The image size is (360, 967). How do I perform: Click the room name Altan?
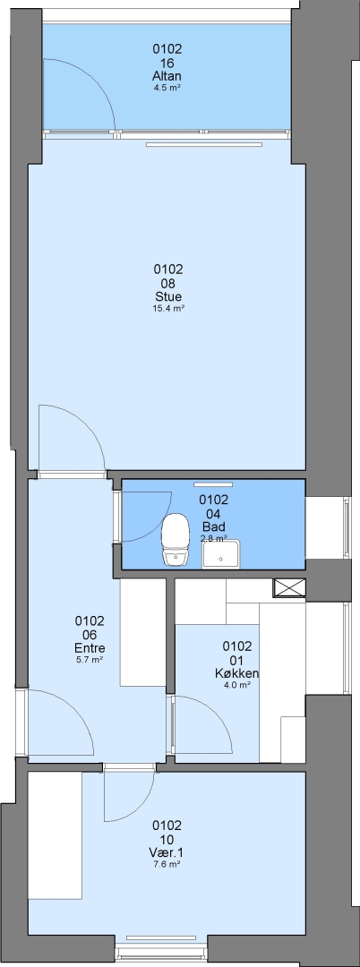167,76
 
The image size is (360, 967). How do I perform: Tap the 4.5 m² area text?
167,88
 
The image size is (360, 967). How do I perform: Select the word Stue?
168,296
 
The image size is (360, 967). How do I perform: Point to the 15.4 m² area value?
168,308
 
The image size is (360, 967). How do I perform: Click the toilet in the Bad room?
175,540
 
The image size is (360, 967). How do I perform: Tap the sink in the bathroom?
221,553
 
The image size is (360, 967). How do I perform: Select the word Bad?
213,526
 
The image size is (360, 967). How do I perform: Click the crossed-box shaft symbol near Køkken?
290,587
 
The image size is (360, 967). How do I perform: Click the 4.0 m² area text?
237,685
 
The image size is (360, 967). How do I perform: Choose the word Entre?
90,648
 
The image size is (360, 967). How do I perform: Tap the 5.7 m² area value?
90,659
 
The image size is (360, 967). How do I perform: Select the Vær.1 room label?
167,853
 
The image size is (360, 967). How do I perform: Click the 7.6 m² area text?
167,865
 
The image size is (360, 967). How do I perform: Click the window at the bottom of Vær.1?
161,946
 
